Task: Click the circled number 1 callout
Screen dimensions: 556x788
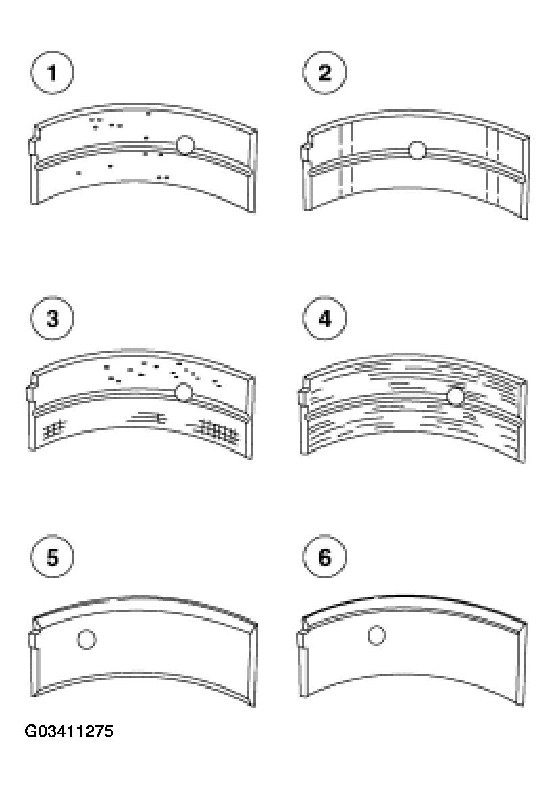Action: [52, 72]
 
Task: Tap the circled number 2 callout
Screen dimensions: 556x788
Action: [324, 72]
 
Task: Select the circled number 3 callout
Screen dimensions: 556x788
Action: [52, 318]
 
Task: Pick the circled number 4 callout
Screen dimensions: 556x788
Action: [324, 318]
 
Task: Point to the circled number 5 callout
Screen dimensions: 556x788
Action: [52, 557]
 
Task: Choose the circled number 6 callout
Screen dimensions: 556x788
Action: [324, 557]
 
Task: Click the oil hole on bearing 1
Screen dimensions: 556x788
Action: [185, 145]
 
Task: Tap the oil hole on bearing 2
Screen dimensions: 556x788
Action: [418, 150]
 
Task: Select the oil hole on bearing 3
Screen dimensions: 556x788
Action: [183, 393]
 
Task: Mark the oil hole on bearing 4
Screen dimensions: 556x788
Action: [455, 397]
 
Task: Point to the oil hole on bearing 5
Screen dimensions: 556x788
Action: [87, 639]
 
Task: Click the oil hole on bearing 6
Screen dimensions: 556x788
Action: [376, 636]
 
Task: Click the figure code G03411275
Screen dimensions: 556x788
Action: [69, 731]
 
